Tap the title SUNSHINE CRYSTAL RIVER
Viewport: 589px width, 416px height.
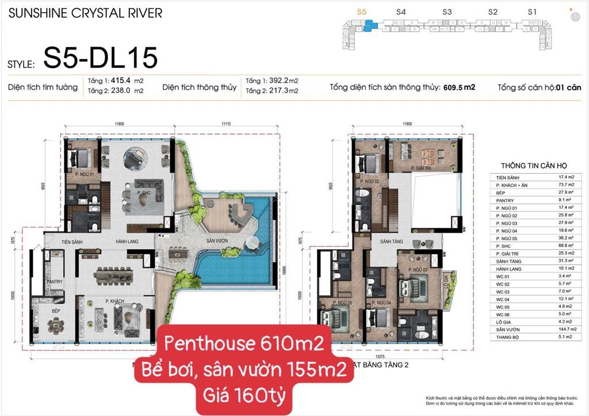tap(85, 13)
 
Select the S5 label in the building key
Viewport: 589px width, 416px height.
tap(361, 12)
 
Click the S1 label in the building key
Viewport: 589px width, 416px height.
tap(532, 12)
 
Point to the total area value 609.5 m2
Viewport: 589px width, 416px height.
tap(459, 88)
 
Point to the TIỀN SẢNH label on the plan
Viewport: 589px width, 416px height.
tap(59, 242)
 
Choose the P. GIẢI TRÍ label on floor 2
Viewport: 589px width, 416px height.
tap(422, 168)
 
